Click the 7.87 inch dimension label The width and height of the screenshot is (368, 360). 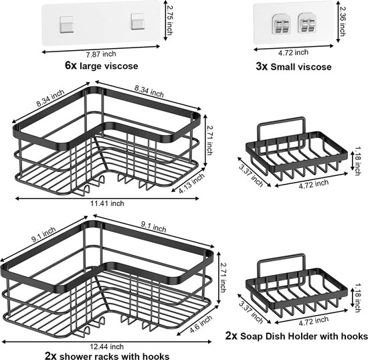coord(101,54)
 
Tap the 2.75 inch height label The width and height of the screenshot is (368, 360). coord(169,21)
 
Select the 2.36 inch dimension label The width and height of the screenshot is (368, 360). coord(343,22)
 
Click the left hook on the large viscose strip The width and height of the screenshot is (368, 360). coord(67,25)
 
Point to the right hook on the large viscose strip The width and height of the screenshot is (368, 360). coord(138,21)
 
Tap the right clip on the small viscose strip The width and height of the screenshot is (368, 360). coord(307,23)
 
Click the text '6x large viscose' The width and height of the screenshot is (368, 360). coord(102,66)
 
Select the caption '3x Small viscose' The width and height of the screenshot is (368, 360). coord(294,67)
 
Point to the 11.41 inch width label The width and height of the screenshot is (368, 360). coord(107,203)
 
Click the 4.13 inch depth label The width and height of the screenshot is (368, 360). coord(192,183)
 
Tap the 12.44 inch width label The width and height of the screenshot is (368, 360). coord(107,347)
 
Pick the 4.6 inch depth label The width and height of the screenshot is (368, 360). coord(201,324)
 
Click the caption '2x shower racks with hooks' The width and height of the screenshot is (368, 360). coord(107,356)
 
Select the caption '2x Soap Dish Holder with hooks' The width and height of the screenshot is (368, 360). coord(296,336)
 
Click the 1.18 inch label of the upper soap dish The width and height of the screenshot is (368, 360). coord(358,161)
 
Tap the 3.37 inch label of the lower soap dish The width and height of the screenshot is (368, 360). coord(251,312)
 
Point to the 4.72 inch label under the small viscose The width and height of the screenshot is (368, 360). coord(293,53)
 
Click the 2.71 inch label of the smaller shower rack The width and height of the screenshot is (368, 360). coord(209,141)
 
